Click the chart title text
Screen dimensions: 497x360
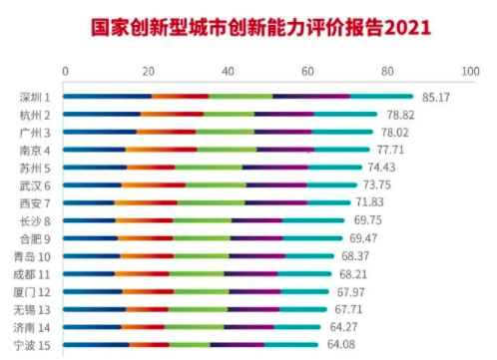pos(261,27)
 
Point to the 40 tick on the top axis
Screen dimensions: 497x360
pos(228,71)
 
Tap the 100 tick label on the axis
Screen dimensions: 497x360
pos(470,71)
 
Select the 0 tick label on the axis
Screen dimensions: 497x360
pos(65,71)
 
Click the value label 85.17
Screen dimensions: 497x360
pos(436,98)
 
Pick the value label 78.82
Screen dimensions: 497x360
pos(400,115)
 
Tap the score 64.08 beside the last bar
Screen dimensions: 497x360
pos(341,344)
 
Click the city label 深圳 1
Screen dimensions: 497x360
pos(35,98)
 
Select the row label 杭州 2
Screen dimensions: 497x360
pos(35,116)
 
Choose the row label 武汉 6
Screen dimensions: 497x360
pos(35,185)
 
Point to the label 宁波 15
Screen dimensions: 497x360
pos(32,345)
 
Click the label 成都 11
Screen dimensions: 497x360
pos(32,274)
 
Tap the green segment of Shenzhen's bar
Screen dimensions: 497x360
pos(242,97)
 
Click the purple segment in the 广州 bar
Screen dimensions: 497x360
pos(283,132)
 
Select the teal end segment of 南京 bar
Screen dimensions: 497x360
pos(342,150)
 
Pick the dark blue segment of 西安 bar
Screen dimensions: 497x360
pos(89,202)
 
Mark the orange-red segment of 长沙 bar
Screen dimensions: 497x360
pos(145,220)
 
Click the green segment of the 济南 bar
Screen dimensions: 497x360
pos(195,327)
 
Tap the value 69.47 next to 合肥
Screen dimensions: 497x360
pos(363,238)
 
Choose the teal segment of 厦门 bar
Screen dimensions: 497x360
pos(305,292)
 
